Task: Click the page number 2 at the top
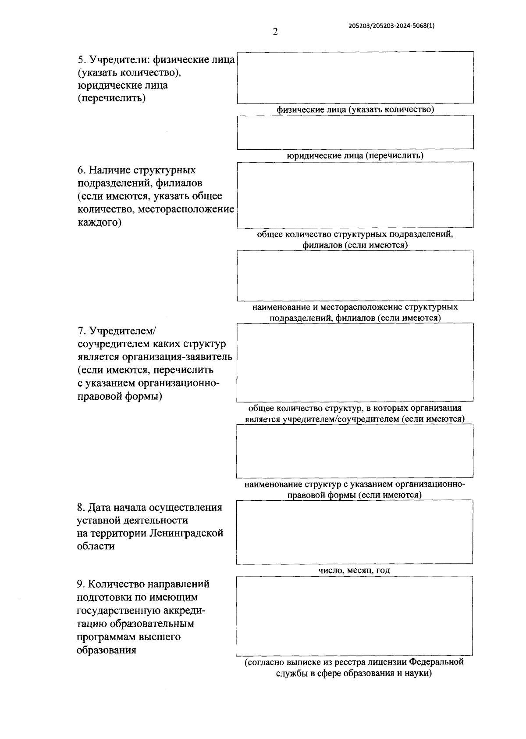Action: tap(275, 32)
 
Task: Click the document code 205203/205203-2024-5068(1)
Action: tap(391, 25)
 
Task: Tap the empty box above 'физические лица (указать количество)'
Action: tap(355, 77)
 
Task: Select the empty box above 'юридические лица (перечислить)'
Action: tap(355, 132)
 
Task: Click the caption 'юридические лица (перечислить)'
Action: tap(355, 155)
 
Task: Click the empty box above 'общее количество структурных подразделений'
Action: tap(355, 195)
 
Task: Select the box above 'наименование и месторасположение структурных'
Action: tap(355, 275)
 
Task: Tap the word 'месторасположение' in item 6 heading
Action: tap(186, 209)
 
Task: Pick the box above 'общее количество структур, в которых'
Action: tap(355, 362)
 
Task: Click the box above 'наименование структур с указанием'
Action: tap(355, 451)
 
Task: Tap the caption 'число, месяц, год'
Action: tap(354, 570)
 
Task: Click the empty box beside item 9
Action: tap(354, 616)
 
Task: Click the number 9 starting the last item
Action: tap(80, 584)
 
